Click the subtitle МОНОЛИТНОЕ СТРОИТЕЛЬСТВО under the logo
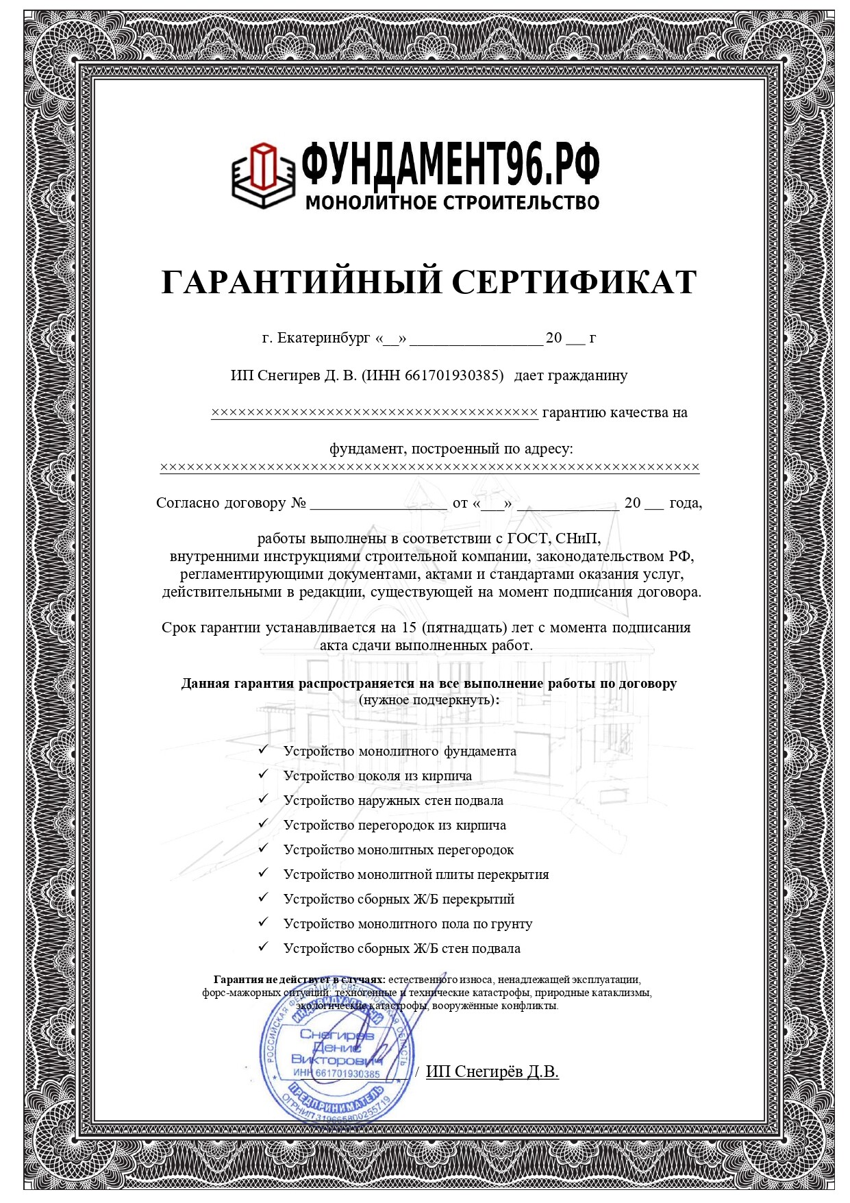[452, 203]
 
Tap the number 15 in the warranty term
[409, 628]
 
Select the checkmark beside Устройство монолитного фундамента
[263, 750]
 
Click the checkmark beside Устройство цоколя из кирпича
[263, 775]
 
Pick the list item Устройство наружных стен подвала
[393, 800]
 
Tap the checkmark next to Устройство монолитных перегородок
[263, 849]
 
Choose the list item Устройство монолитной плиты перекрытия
[416, 874]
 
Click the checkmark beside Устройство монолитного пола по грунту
[263, 923]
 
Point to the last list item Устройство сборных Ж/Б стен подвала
[401, 948]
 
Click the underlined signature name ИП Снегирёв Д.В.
[492, 1071]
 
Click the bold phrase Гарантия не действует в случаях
[299, 980]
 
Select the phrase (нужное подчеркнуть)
[429, 699]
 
